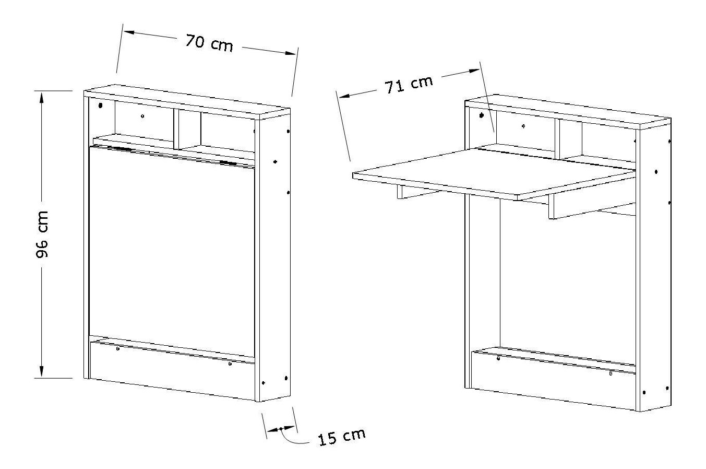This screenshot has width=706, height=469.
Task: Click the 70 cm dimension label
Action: coord(209,43)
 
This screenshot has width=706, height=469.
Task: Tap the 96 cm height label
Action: coord(42,235)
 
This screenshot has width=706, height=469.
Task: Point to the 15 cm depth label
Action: coord(342,437)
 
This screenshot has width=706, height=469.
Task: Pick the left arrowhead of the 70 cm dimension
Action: coord(130,32)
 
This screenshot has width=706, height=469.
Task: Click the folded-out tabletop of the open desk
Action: coord(493,174)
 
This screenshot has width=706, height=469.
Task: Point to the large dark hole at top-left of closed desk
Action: coord(101,105)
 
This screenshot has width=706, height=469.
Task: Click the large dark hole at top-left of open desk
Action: coord(481,115)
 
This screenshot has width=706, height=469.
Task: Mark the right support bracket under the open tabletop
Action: coord(592,207)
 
